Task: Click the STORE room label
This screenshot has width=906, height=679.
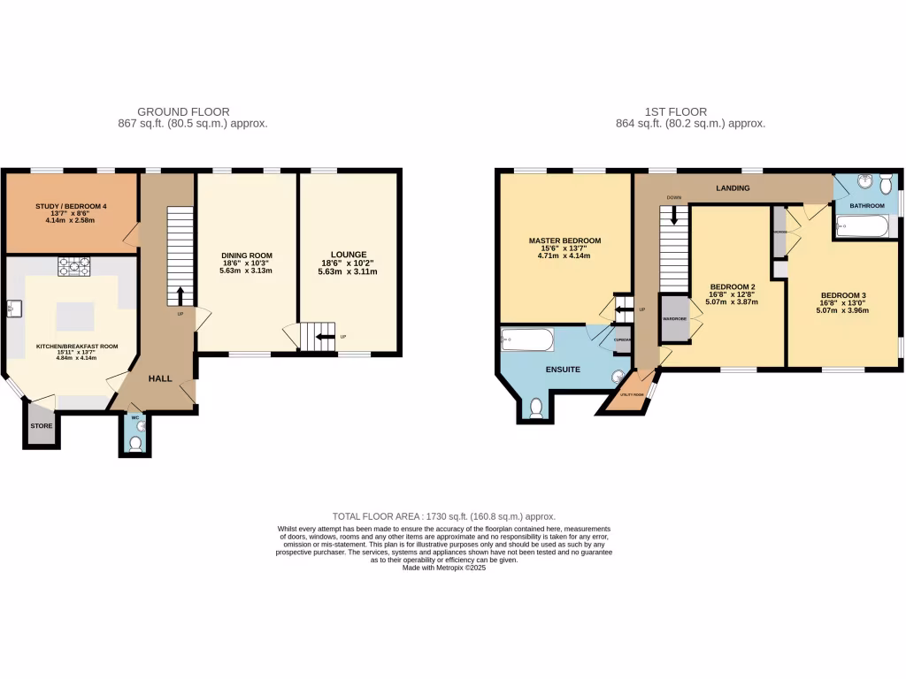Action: click(x=42, y=426)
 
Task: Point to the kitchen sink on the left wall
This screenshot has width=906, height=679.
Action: click(x=13, y=309)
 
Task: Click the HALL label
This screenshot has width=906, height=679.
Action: click(x=160, y=378)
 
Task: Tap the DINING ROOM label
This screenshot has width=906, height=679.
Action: click(x=247, y=256)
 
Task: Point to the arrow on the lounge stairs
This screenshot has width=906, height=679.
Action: click(x=325, y=336)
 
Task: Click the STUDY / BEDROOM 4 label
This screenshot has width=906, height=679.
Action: click(x=71, y=207)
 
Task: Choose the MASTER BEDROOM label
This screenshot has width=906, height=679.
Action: click(x=564, y=240)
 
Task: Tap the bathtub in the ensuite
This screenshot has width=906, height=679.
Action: click(x=527, y=340)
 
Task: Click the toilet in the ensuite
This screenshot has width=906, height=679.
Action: click(x=536, y=407)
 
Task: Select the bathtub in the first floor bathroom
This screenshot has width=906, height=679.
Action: click(x=864, y=228)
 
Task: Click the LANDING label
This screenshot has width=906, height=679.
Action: click(x=733, y=188)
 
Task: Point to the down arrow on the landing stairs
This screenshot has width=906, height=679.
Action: click(x=675, y=216)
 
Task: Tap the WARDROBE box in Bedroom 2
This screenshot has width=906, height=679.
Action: click(x=674, y=320)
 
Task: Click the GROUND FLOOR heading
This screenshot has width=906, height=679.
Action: click(x=183, y=112)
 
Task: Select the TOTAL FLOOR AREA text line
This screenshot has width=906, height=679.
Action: click(x=443, y=516)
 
